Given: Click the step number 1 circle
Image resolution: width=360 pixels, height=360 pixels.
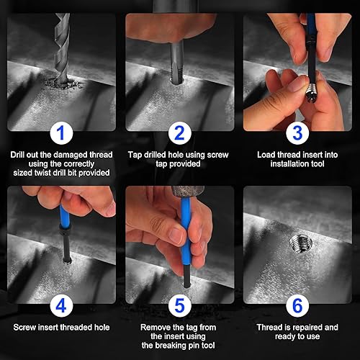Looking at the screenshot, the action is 61,133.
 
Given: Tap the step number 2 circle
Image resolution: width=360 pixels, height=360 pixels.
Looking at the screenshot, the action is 180,133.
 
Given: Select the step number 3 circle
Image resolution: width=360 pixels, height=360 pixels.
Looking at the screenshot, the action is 297,133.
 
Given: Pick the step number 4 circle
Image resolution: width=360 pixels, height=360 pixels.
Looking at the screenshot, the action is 61,306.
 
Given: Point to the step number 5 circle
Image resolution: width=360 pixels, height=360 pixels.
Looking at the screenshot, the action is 180,306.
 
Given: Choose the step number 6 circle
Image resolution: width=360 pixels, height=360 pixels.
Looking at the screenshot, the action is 297,306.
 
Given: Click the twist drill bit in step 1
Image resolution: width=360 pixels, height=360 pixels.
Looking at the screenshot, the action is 62,48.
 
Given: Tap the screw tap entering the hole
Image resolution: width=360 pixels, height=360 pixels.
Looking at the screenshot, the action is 177,63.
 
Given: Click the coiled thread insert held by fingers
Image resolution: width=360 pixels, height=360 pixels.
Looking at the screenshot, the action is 311,94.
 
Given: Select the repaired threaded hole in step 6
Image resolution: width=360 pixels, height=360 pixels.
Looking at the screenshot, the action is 301,243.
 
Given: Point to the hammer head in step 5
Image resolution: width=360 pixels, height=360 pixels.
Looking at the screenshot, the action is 188,192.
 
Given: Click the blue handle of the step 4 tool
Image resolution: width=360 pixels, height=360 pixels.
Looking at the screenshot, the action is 65,216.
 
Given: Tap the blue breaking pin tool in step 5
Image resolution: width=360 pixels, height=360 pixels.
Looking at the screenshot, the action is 186,230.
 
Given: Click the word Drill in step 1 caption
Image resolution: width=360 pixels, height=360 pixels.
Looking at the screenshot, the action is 17,155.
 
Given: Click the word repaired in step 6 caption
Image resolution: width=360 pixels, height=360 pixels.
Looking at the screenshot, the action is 307,328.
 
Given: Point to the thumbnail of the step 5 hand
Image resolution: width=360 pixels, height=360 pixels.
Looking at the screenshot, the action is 176,235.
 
